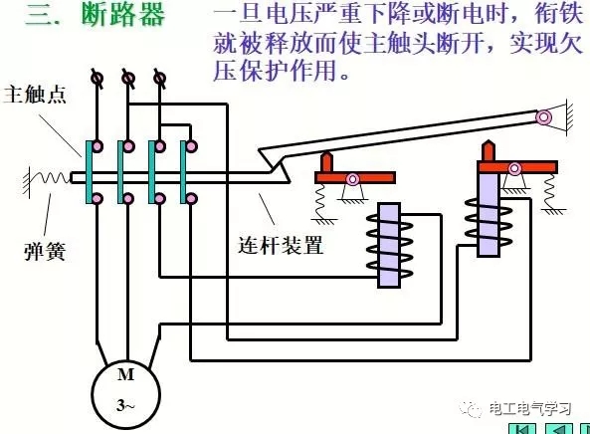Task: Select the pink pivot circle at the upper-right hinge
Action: pos(543,117)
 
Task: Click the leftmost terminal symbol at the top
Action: pos(97,77)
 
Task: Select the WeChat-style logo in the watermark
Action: pos(469,409)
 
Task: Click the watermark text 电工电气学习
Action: pos(532,409)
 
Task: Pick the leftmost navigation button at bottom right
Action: pos(520,428)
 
